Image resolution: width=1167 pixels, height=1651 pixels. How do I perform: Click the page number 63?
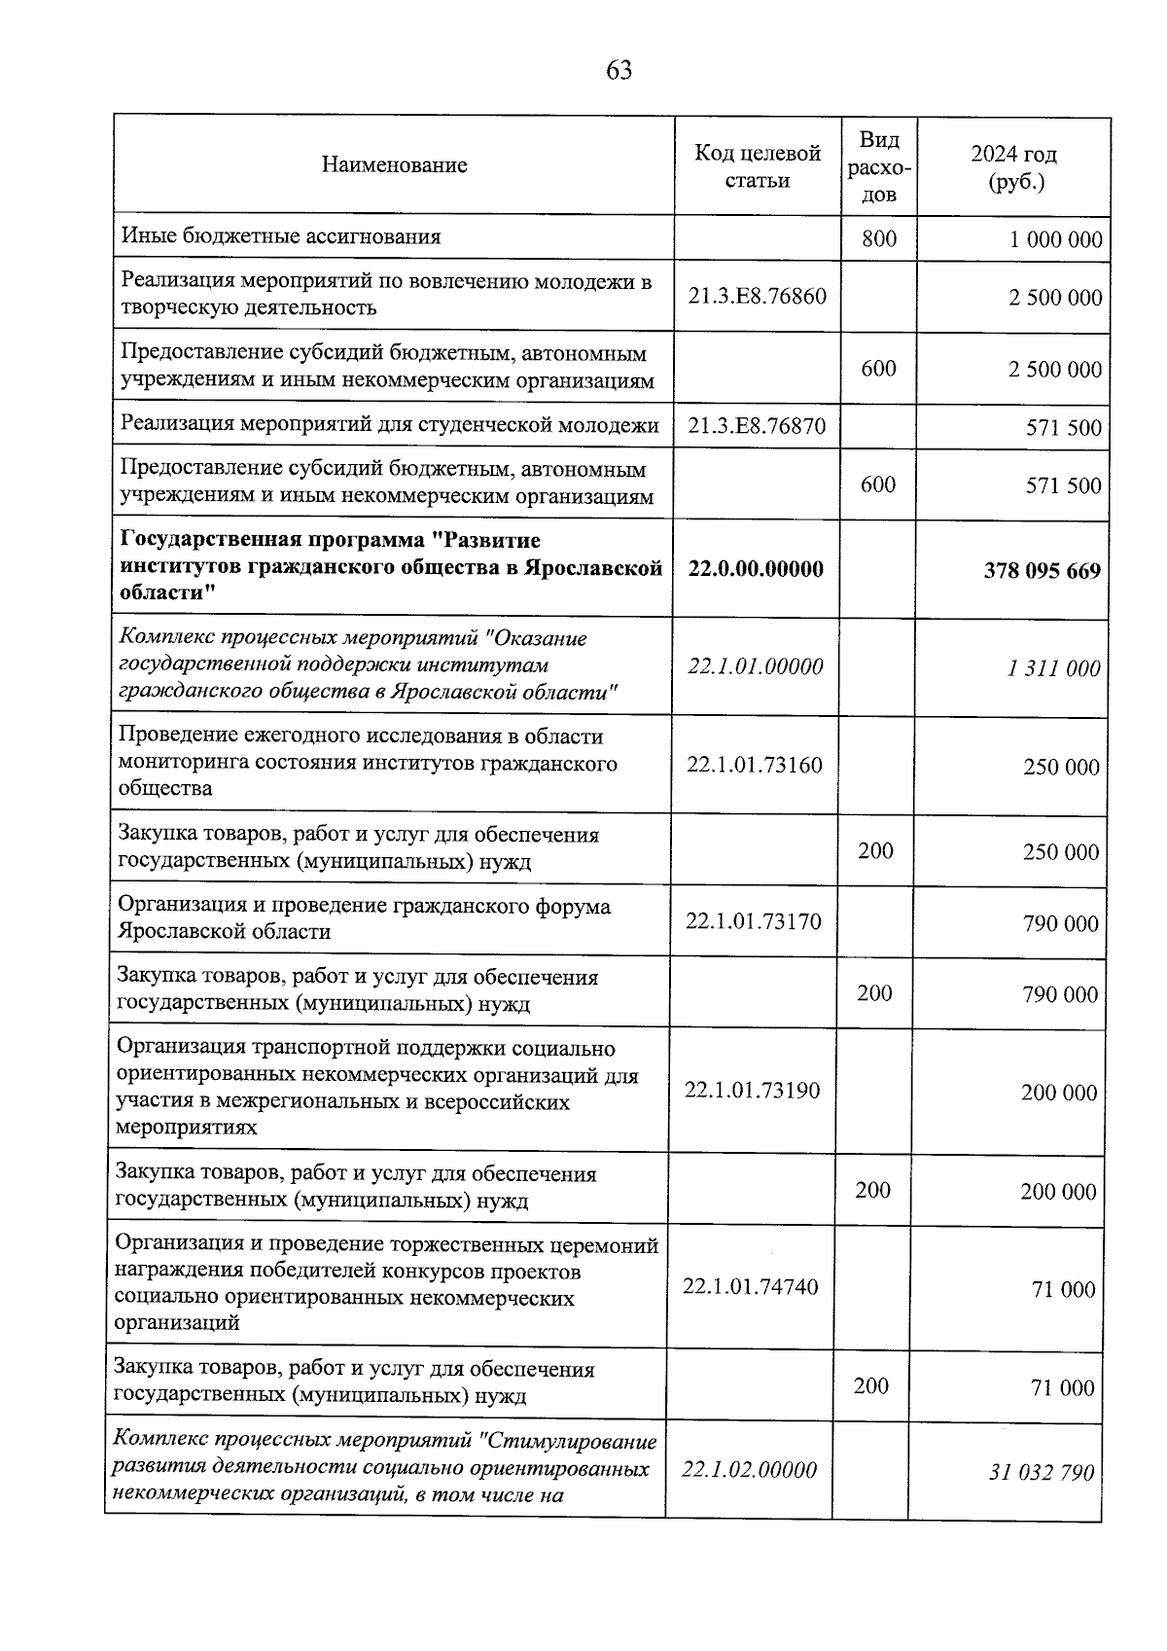(619, 70)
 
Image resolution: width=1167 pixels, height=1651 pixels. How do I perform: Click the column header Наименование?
(394, 165)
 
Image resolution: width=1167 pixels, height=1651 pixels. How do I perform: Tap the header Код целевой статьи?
(757, 166)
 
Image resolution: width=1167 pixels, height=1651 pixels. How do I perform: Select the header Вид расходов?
(879, 166)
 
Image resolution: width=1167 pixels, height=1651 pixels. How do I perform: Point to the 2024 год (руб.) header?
(1013, 167)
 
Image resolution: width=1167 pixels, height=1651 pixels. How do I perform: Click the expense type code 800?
(879, 237)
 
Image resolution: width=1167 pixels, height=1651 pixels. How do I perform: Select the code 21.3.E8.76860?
(757, 296)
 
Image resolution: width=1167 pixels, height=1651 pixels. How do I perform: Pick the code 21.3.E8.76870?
(757, 426)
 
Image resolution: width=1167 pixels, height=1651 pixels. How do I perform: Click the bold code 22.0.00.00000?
(756, 569)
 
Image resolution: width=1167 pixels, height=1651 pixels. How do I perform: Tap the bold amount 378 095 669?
(1042, 570)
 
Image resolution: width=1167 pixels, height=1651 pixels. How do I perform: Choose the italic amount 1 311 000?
(1053, 668)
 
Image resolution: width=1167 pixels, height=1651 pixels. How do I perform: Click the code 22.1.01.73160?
(754, 765)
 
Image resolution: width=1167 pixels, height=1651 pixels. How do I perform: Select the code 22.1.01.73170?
(753, 920)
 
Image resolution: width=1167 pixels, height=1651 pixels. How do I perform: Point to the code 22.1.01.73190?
(752, 1091)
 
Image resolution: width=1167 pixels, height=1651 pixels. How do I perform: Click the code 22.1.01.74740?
(750, 1287)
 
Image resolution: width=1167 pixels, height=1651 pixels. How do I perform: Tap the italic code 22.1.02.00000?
(749, 1470)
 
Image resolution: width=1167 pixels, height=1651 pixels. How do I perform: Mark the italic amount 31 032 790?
(1042, 1473)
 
